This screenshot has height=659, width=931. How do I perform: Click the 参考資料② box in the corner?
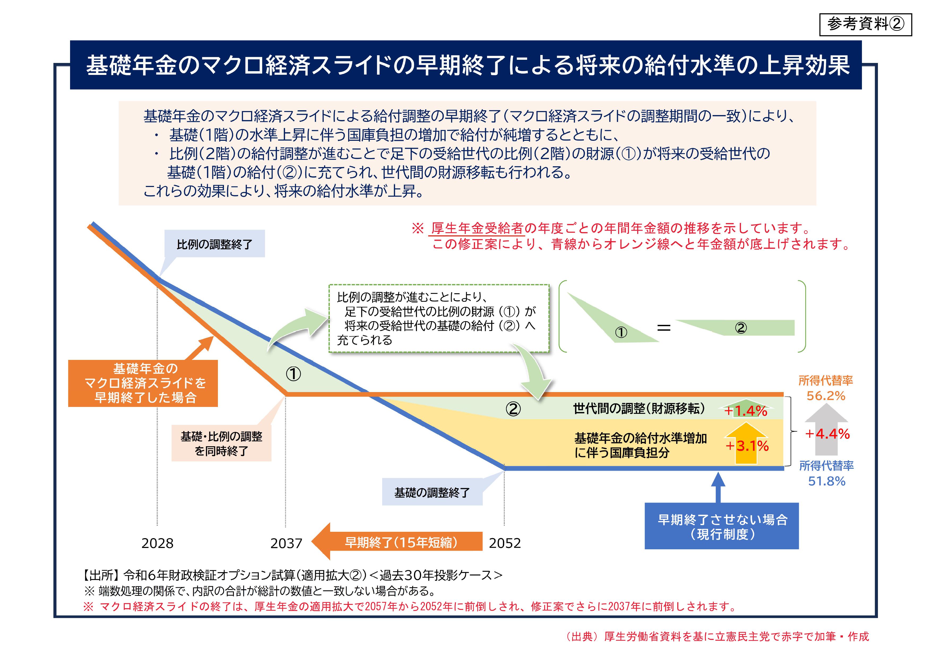[x=865, y=25]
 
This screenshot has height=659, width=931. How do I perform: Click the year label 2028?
[x=157, y=543]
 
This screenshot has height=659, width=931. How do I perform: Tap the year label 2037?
[x=286, y=543]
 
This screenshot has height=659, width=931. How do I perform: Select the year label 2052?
[x=505, y=543]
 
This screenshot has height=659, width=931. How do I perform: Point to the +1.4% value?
[x=746, y=411]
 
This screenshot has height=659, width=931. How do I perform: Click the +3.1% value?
[x=747, y=446]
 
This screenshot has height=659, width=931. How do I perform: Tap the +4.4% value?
[x=827, y=434]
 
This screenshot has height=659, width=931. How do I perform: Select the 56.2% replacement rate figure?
[x=826, y=396]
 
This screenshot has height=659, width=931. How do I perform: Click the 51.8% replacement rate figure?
[x=827, y=481]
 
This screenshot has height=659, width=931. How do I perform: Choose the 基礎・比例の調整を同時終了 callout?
[x=221, y=444]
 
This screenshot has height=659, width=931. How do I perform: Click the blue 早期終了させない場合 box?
[x=722, y=526]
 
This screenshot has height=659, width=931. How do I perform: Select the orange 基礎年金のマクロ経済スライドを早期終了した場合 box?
[x=143, y=383]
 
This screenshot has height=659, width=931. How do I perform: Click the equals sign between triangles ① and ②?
[x=664, y=328]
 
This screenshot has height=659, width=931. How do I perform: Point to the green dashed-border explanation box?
[x=438, y=318]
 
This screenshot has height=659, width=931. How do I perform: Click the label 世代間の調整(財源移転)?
[x=639, y=408]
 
